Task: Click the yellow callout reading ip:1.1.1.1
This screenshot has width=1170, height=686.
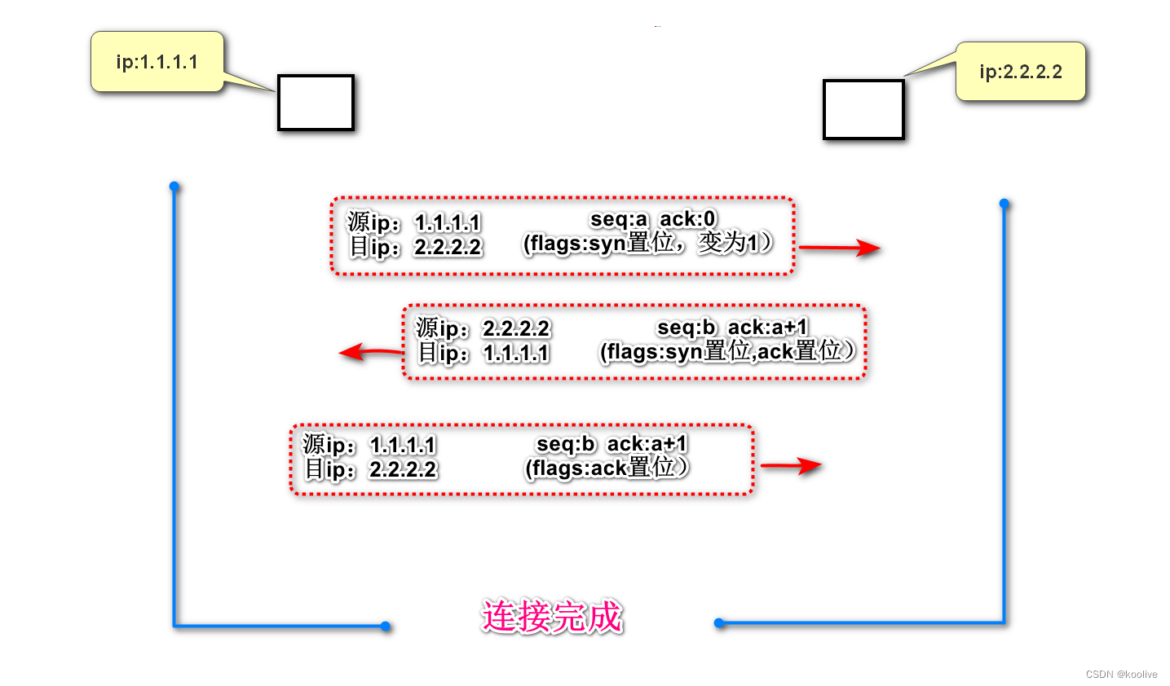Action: pyautogui.click(x=157, y=62)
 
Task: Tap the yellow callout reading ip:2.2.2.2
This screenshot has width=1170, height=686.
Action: pyautogui.click(x=1021, y=72)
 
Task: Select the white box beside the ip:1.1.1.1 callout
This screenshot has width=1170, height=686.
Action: pyautogui.click(x=316, y=103)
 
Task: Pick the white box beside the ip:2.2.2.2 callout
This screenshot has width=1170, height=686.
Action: pyautogui.click(x=863, y=109)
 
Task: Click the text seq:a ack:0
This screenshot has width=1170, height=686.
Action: pyautogui.click(x=652, y=219)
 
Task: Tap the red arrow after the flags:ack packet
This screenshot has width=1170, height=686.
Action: pyautogui.click(x=790, y=465)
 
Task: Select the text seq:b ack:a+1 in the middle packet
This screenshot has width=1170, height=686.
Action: pyautogui.click(x=732, y=328)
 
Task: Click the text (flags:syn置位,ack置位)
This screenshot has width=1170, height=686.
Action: pyautogui.click(x=727, y=351)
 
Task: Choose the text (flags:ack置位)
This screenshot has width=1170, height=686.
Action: pyautogui.click(x=607, y=468)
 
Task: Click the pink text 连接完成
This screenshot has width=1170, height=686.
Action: pyautogui.click(x=552, y=617)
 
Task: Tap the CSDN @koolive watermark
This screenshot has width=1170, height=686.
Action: pyautogui.click(x=1121, y=674)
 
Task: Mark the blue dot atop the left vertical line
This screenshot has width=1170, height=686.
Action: pyautogui.click(x=174, y=187)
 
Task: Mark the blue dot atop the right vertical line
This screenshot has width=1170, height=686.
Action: pyautogui.click(x=1004, y=204)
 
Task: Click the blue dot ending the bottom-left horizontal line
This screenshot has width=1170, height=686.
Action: pyautogui.click(x=386, y=627)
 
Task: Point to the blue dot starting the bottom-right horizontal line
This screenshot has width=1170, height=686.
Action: pyautogui.click(x=719, y=623)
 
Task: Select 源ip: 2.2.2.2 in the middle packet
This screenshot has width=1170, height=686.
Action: pyautogui.click(x=483, y=328)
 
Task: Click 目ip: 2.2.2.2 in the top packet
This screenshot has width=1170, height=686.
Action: pyautogui.click(x=416, y=247)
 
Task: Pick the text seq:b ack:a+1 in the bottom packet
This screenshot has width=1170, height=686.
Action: pyautogui.click(x=611, y=444)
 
